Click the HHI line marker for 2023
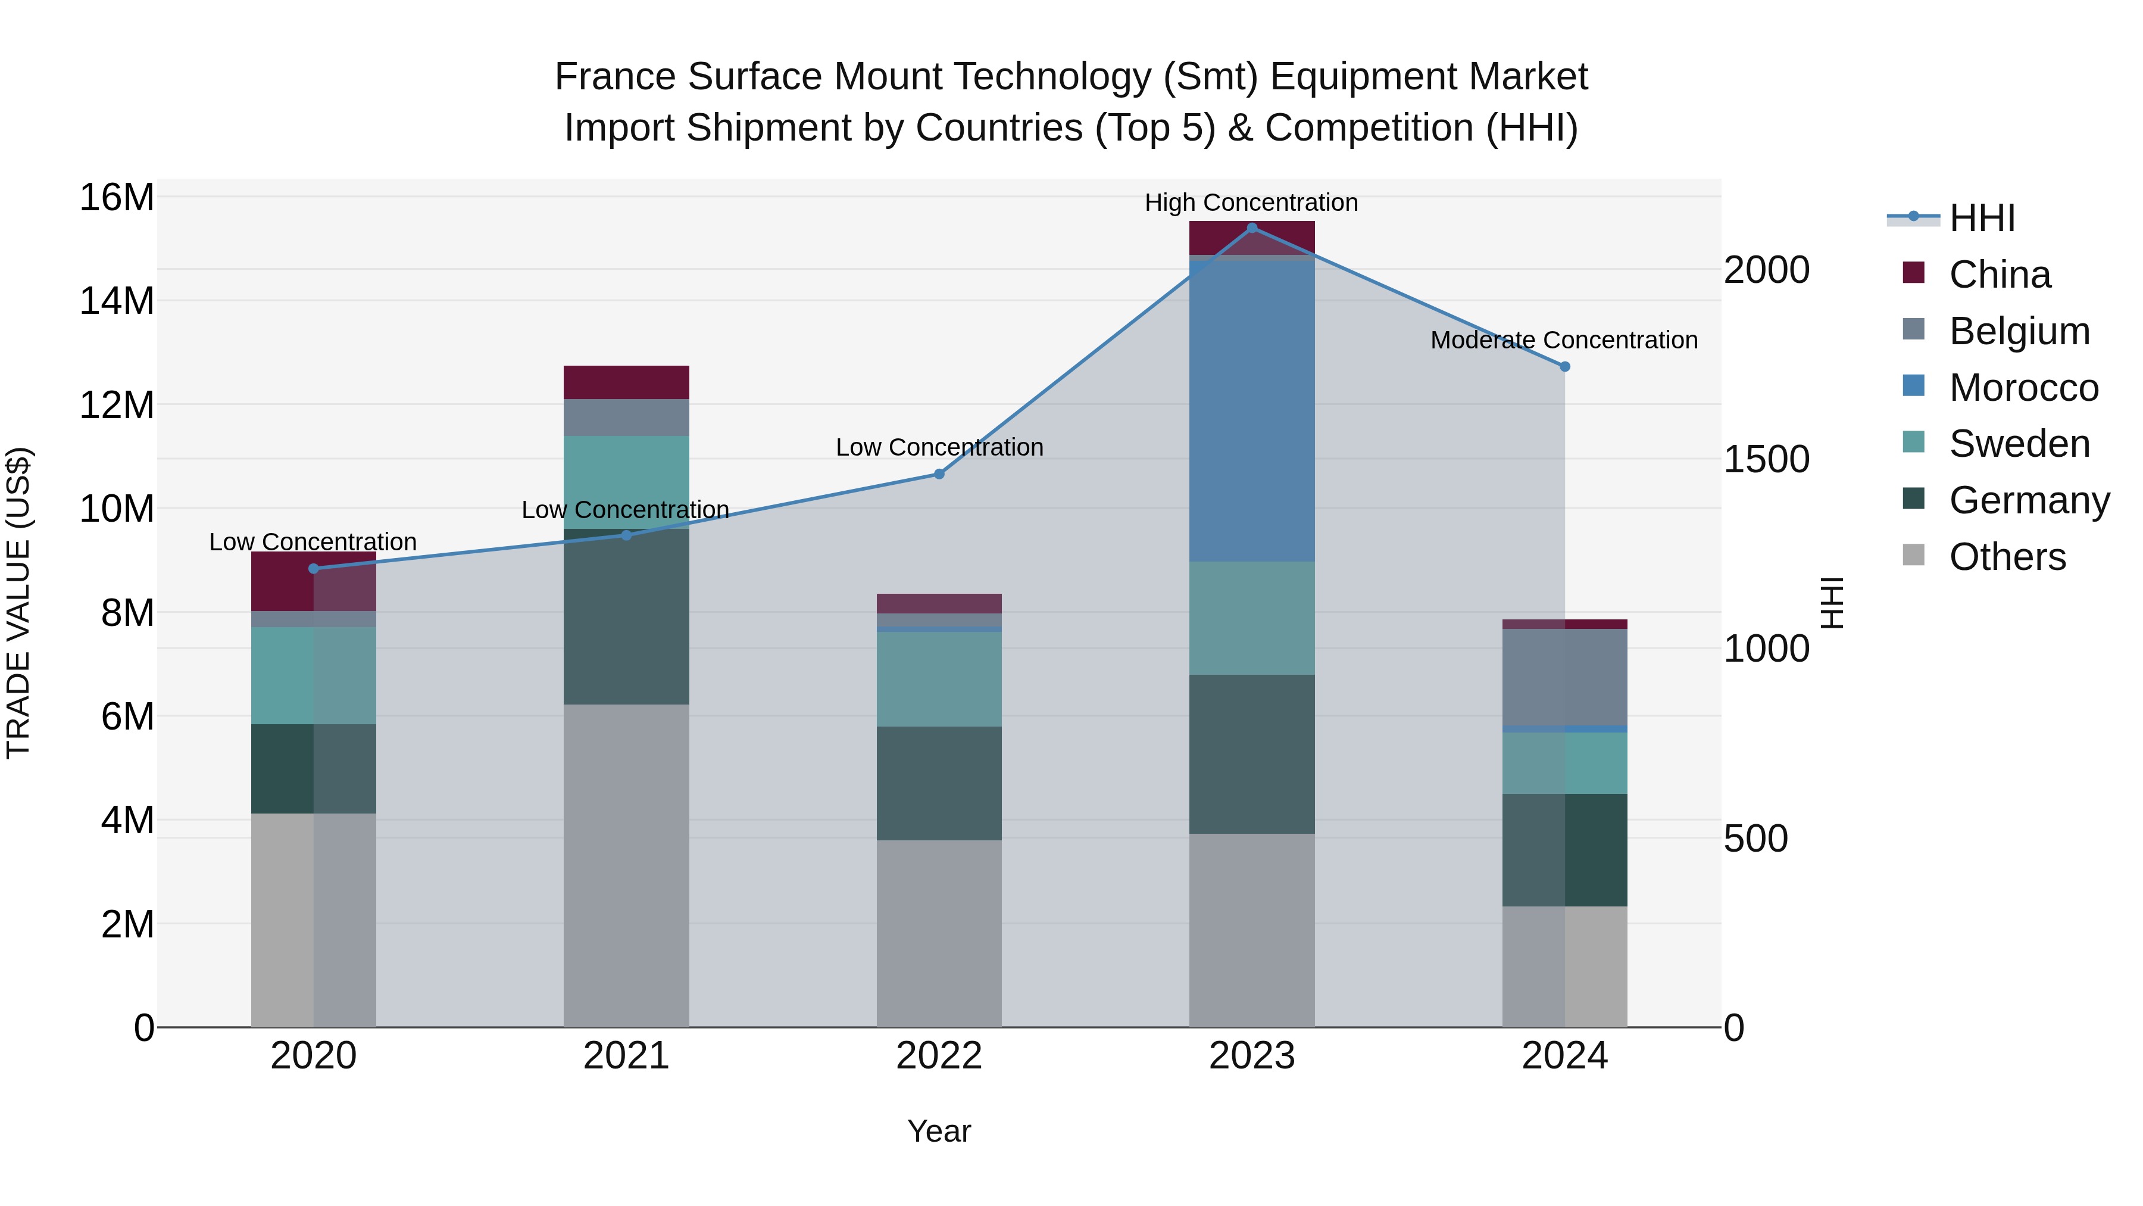pyautogui.click(x=1252, y=228)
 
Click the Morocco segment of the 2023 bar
pyautogui.click(x=1252, y=412)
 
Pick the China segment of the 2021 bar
pyautogui.click(x=626, y=382)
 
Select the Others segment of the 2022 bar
pyautogui.click(x=939, y=932)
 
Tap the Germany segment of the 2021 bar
pyautogui.click(x=626, y=616)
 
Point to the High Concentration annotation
pyautogui.click(x=1251, y=202)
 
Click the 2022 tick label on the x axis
pyautogui.click(x=939, y=1056)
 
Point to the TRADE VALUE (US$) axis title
pyautogui.click(x=18, y=603)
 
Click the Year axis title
pyautogui.click(x=939, y=1131)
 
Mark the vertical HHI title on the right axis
pyautogui.click(x=1833, y=603)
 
